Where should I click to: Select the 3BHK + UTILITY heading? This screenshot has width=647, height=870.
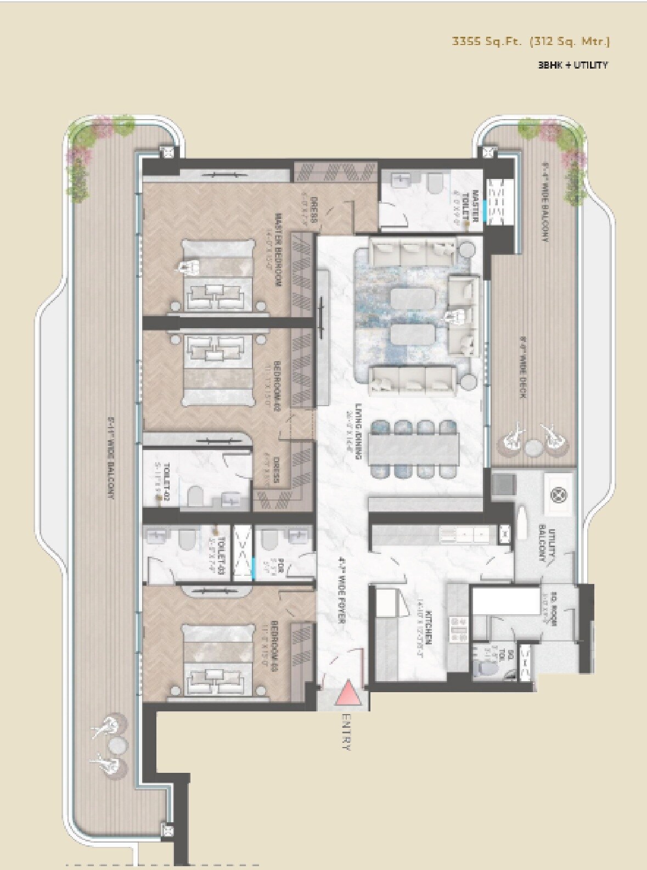click(x=572, y=65)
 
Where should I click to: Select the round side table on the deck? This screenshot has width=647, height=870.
click(x=532, y=447)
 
